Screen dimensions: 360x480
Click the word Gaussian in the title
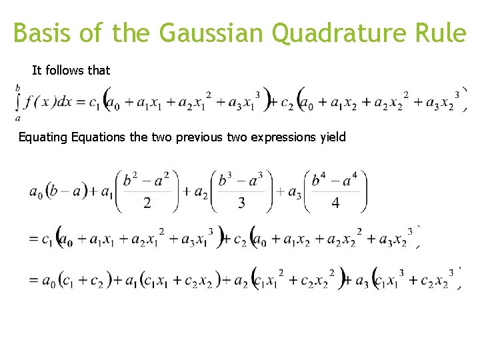pyautogui.click(x=213, y=33)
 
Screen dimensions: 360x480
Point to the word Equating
pyautogui.click(x=43, y=137)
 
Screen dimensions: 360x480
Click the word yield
pyautogui.click(x=333, y=137)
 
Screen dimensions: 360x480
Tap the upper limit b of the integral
pyautogui.click(x=17, y=87)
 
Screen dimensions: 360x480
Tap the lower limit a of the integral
pyautogui.click(x=17, y=118)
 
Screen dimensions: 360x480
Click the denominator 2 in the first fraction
pyautogui.click(x=147, y=203)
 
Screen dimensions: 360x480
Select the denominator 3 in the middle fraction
pyautogui.click(x=241, y=203)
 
